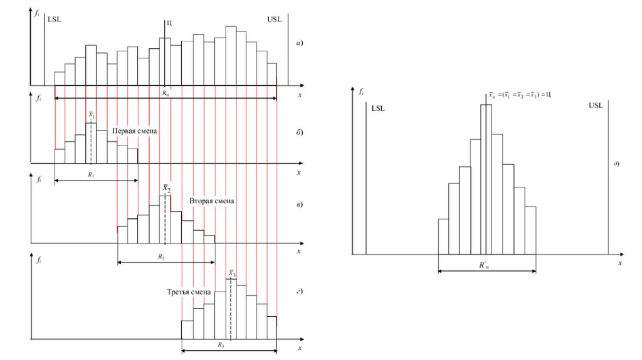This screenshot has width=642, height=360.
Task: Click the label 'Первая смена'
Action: coord(134,132)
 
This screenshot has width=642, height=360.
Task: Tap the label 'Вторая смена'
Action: coord(211,201)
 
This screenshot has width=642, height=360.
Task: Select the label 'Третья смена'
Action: coord(187,292)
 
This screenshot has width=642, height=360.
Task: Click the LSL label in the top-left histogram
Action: coord(55,19)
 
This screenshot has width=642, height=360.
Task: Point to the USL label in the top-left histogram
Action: coord(275,19)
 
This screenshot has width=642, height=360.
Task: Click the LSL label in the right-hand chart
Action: coord(378,109)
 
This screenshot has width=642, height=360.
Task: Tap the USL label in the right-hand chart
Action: coord(596,105)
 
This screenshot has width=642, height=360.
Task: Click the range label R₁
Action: coord(91,174)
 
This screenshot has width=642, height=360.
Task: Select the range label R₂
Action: coord(161,257)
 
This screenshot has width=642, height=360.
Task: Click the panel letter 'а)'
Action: coord(300,43)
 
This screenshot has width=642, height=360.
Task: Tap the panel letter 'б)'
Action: coord(300,132)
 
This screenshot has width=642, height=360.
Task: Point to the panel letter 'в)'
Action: coord(300,204)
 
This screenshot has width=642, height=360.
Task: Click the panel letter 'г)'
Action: coord(300,292)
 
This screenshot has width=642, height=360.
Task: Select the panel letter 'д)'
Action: coord(616,164)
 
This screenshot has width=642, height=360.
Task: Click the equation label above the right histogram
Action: coord(520,94)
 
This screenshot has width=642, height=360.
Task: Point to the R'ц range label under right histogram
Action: coord(484,265)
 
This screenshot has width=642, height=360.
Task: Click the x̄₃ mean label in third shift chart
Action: coord(232,273)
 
